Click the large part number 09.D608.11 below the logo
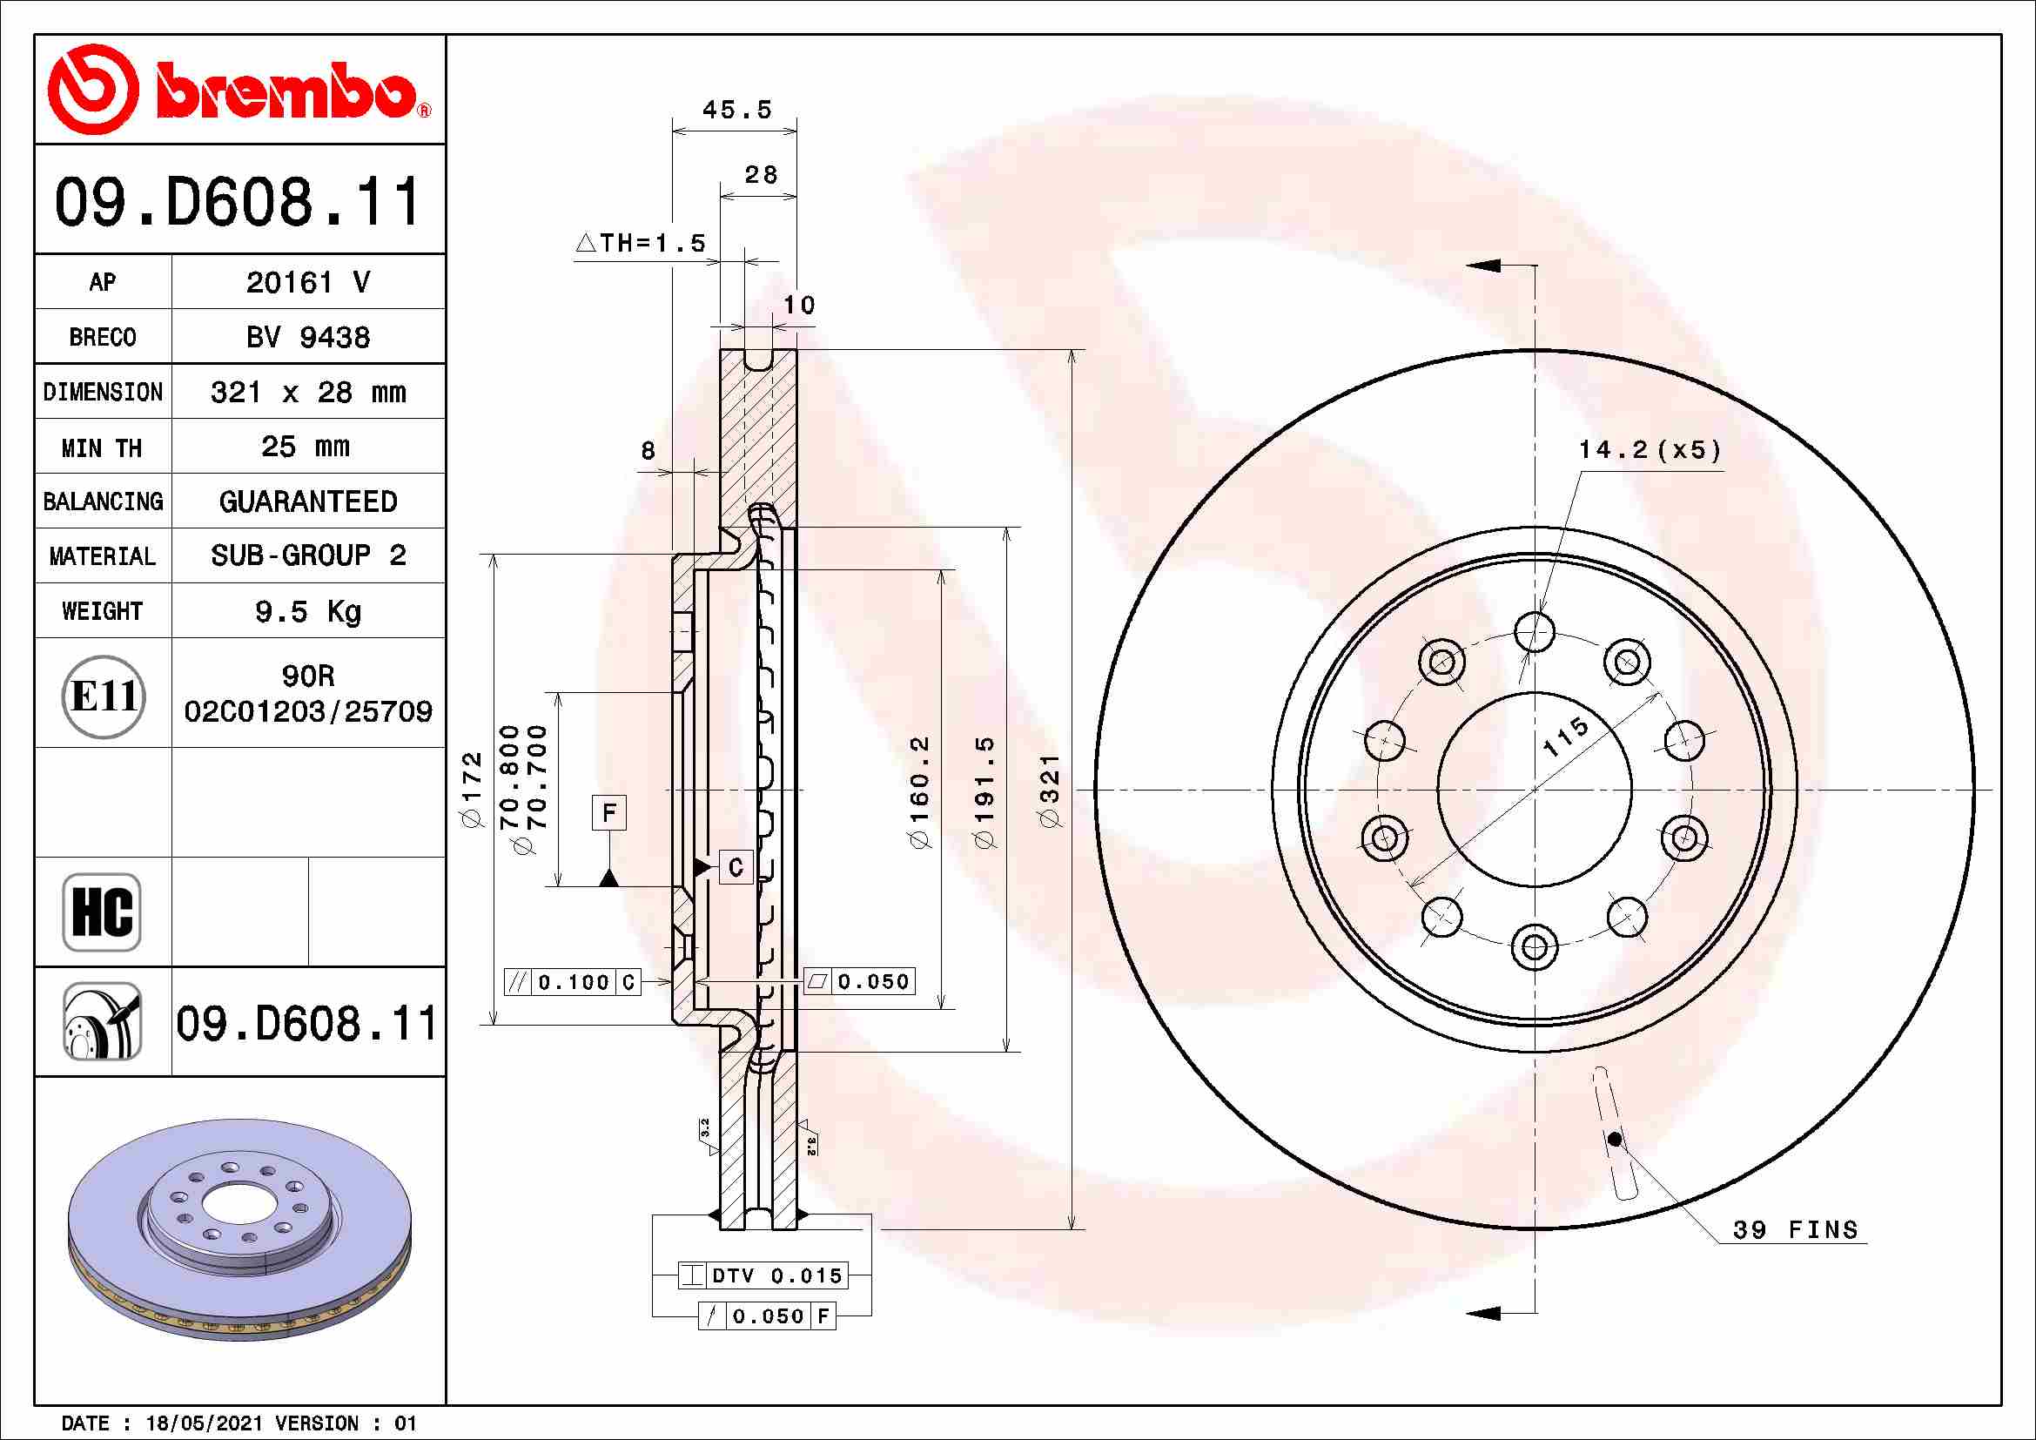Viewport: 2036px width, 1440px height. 238,202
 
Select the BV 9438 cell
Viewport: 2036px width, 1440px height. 307,338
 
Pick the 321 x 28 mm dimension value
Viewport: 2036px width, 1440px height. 307,393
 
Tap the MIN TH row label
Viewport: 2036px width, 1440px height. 102,447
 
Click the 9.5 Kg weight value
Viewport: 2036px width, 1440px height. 307,612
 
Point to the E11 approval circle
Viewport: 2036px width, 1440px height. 103,697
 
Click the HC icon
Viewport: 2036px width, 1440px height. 102,912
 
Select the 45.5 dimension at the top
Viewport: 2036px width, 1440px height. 736,110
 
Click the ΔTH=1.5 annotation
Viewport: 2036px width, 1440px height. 641,243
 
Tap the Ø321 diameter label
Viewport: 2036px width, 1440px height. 1050,791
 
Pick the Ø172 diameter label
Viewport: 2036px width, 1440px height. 473,789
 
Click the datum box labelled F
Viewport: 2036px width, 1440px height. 608,813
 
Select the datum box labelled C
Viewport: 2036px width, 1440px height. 736,867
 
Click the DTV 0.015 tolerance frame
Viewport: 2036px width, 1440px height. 763,1276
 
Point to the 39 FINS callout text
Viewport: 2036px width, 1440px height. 1794,1231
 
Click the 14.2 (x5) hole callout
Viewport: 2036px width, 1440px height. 1650,450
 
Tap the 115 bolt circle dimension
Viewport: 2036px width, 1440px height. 1565,737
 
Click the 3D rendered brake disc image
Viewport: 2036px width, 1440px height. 239,1230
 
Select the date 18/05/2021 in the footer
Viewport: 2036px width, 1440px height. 204,1423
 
